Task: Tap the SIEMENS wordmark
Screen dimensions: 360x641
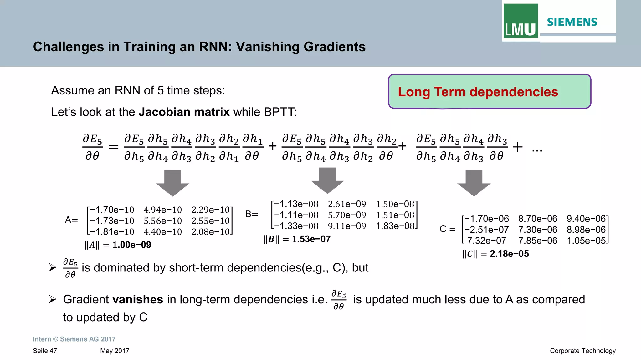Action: (x=572, y=22)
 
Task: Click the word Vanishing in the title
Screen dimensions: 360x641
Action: (x=264, y=47)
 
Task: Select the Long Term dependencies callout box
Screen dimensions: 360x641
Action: (x=490, y=92)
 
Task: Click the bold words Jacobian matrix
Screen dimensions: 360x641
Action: (x=184, y=112)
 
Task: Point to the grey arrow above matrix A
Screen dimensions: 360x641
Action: (x=172, y=183)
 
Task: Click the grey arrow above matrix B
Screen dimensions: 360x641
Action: (x=327, y=180)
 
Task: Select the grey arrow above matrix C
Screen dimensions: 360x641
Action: (x=474, y=183)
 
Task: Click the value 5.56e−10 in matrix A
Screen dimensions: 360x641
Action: (x=163, y=221)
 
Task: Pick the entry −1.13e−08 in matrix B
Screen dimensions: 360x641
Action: (x=296, y=204)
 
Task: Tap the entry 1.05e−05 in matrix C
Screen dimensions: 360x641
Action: (x=586, y=241)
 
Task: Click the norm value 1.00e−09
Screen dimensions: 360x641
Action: (x=132, y=245)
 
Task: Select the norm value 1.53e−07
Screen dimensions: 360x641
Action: (x=311, y=239)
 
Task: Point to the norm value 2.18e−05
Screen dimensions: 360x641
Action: (x=509, y=254)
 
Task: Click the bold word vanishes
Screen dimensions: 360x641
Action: (x=138, y=299)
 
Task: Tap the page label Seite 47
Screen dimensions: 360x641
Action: (x=45, y=351)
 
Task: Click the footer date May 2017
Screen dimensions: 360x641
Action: (x=115, y=351)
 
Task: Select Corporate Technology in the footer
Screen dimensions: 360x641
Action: (x=582, y=351)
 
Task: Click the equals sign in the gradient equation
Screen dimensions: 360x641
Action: (x=113, y=147)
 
